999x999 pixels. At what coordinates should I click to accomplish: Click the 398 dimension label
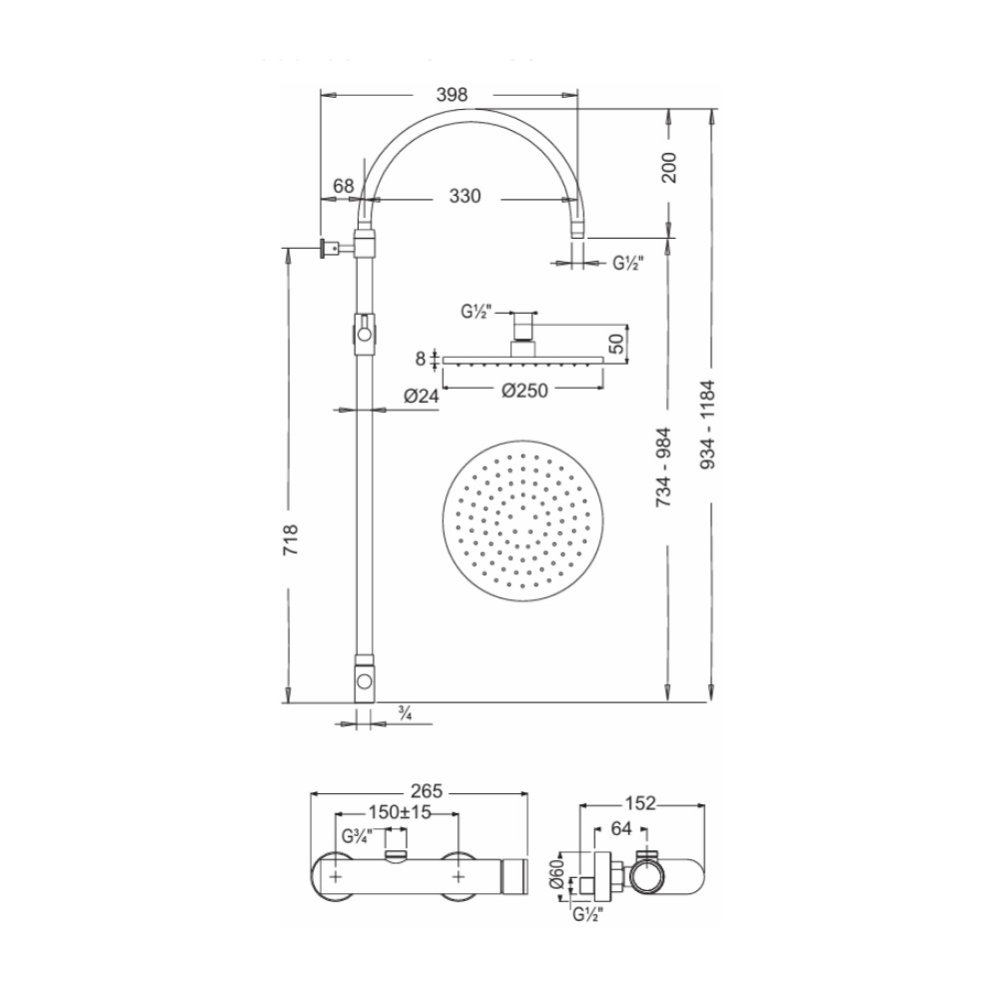pos(452,95)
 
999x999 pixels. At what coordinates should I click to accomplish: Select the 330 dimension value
pos(465,196)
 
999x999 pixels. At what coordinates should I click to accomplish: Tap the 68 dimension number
pos(344,186)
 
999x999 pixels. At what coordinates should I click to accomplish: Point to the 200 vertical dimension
pos(669,168)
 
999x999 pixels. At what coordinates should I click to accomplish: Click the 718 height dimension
pos(290,539)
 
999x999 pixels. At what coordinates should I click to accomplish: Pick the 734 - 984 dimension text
pos(664,467)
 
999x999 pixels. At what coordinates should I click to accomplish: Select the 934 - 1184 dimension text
pos(708,425)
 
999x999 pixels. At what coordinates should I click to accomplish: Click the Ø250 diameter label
pos(525,391)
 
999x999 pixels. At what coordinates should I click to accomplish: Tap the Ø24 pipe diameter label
pos(422,397)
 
